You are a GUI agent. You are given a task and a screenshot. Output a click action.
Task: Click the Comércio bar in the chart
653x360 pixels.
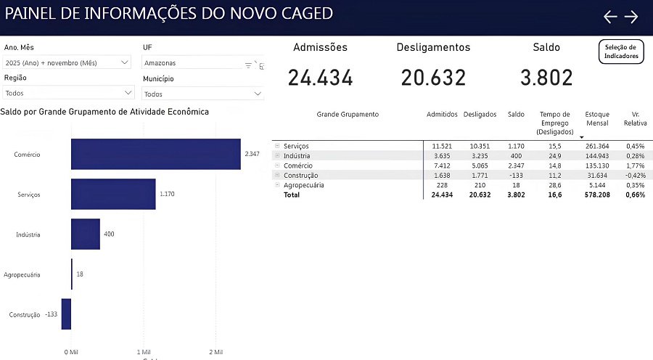155,155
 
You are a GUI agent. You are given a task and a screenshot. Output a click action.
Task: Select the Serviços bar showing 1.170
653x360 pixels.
113,195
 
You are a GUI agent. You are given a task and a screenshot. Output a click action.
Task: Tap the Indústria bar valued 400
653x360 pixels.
85,234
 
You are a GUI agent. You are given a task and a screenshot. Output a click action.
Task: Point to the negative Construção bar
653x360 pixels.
66,314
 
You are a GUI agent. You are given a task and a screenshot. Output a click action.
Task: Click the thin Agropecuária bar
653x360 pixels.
72,274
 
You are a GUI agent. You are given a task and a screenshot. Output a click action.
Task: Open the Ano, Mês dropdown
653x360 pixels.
67,63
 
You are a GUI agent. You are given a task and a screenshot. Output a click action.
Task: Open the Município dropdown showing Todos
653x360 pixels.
202,94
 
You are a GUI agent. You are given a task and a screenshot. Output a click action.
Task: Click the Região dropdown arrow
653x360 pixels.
128,93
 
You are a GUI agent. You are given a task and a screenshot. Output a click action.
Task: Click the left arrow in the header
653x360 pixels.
610,17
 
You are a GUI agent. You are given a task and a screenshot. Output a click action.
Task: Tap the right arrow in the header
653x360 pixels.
631,17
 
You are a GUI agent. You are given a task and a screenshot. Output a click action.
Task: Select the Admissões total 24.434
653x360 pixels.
320,78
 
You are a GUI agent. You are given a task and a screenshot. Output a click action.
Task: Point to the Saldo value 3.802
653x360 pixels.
546,78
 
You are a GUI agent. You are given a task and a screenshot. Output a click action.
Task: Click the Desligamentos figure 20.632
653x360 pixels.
433,78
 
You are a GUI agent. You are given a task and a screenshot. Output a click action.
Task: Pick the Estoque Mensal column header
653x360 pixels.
597,119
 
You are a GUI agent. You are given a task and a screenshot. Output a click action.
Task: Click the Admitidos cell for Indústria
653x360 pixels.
441,156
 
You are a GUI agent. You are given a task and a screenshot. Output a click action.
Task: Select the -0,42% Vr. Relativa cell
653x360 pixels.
635,175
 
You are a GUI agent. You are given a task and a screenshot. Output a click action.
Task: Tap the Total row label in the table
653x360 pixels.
291,195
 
